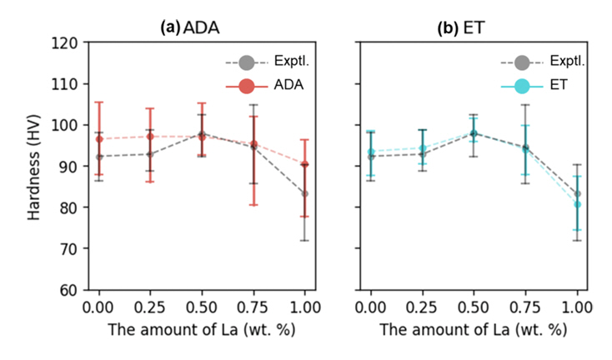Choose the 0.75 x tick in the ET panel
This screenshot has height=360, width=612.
tap(525, 307)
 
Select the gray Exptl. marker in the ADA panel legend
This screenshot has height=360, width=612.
tap(246, 62)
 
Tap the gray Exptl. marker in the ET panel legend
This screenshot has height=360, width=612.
tap(521, 62)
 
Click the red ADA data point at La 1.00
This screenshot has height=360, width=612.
tap(304, 164)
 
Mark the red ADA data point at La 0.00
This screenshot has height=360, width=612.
tap(99, 138)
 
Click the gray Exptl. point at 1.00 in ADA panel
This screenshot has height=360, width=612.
tap(304, 193)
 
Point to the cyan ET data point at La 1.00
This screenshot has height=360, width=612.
tap(577, 204)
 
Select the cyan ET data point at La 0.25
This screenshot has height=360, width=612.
tap(423, 148)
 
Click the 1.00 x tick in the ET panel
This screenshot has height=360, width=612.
tap(577, 307)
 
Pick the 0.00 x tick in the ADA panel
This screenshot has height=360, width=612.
tap(99, 307)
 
